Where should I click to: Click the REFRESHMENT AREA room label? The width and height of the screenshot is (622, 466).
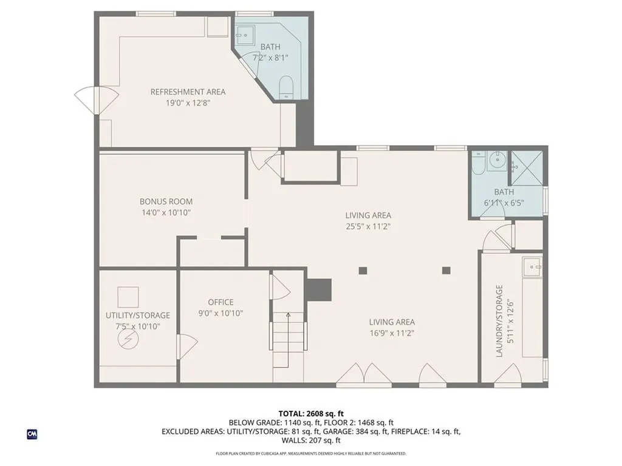188,92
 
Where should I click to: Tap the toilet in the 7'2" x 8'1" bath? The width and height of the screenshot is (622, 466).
286,88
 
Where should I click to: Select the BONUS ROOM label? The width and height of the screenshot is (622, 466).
166,201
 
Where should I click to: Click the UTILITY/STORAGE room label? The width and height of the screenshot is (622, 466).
138,316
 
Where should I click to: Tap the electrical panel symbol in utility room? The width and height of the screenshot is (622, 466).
129,339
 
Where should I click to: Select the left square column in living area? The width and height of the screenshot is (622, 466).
363,271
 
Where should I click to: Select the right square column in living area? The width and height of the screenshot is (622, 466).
447,271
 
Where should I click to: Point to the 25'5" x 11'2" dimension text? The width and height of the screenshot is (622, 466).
368,226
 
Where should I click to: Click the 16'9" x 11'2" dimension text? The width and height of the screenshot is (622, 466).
392,333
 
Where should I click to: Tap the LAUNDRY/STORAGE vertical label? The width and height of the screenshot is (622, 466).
499,320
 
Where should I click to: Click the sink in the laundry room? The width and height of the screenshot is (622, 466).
533,266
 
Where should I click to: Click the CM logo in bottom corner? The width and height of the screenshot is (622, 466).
32,434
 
